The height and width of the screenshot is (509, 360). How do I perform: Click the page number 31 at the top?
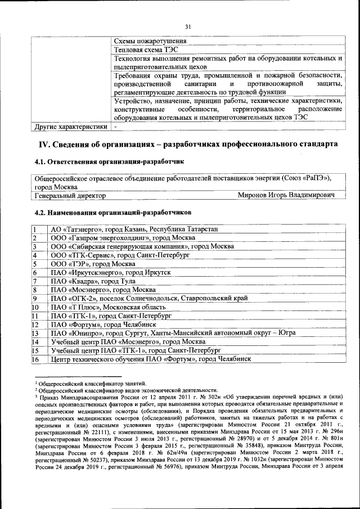click(x=188, y=26)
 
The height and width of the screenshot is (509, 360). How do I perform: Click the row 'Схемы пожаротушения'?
click(x=150, y=41)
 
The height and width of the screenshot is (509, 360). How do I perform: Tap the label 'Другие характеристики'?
click(x=67, y=127)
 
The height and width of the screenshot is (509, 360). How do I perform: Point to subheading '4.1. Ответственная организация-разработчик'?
click(x=109, y=162)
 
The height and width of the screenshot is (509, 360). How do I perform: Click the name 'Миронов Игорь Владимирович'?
click(x=286, y=195)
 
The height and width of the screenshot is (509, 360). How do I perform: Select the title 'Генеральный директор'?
click(x=70, y=195)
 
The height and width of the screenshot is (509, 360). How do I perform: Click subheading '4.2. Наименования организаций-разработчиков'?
click(x=112, y=213)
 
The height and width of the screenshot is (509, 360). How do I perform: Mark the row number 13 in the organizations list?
click(x=35, y=333)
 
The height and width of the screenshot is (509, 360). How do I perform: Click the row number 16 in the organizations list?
click(x=35, y=359)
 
